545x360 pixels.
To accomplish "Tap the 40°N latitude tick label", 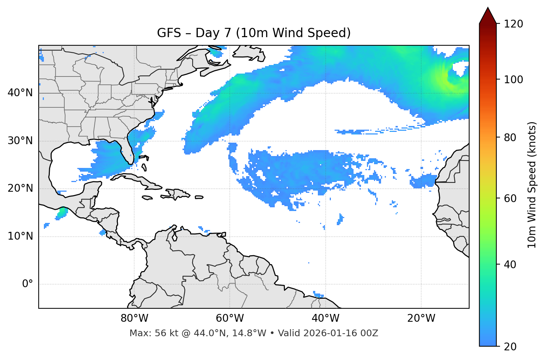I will click(x=20, y=93).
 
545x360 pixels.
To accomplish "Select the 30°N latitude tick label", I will click(x=20, y=141).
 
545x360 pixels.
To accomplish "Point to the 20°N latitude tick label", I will click(x=20, y=188).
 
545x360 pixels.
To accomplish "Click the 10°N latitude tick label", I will click(x=20, y=236).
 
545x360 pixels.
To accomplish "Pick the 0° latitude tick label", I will click(x=28, y=284).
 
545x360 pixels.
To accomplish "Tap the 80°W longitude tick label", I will click(x=134, y=318).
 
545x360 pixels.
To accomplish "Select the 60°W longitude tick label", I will click(x=230, y=318).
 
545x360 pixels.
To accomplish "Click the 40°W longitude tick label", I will click(x=325, y=318).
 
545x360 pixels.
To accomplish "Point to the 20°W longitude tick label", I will click(x=421, y=318).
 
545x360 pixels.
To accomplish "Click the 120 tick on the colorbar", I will click(x=513, y=24).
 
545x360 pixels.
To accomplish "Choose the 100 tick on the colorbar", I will click(x=513, y=80).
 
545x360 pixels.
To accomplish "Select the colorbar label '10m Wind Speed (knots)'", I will click(x=532, y=185).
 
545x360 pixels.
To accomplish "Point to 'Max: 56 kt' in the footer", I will click(x=145, y=333).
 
